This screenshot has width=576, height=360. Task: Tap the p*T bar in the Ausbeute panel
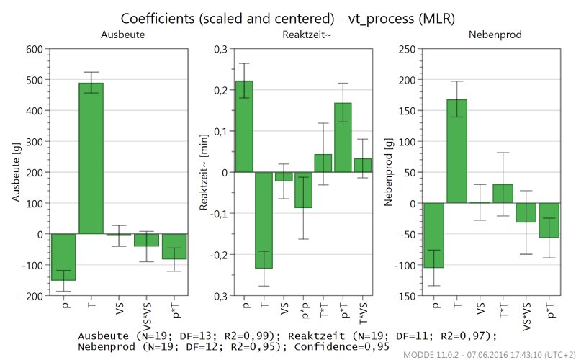pos(174,246)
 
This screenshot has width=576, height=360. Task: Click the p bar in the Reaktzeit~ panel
pos(244,126)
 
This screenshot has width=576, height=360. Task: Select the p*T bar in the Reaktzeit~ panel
pos(343,138)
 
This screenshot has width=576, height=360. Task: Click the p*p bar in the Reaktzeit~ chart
pos(303,189)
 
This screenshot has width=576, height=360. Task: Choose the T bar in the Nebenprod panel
pos(456,151)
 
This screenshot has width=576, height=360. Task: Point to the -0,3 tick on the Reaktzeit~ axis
pos(215,296)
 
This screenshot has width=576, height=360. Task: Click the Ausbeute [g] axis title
pos(14,173)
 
